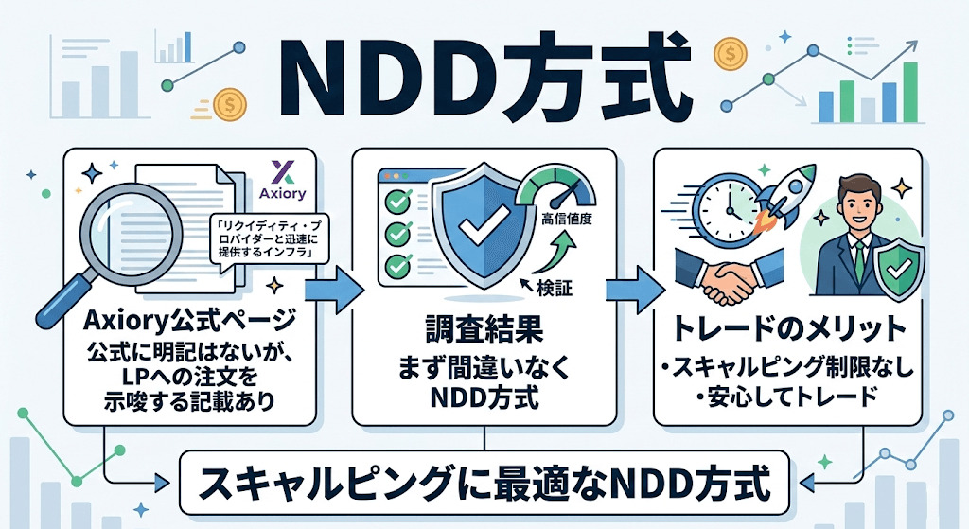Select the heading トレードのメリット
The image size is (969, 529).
787,330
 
